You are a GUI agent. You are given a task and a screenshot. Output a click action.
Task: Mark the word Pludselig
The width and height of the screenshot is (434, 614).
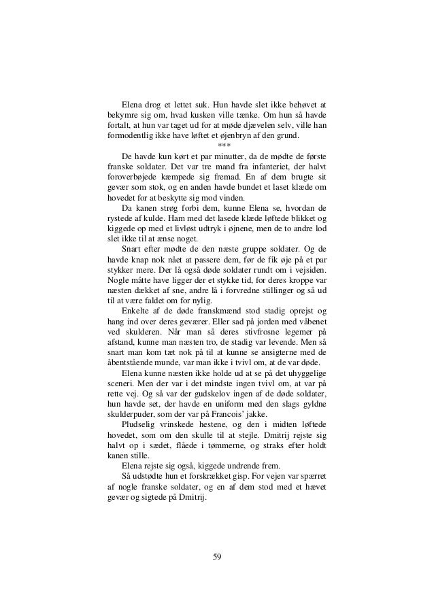pos(139,428)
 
